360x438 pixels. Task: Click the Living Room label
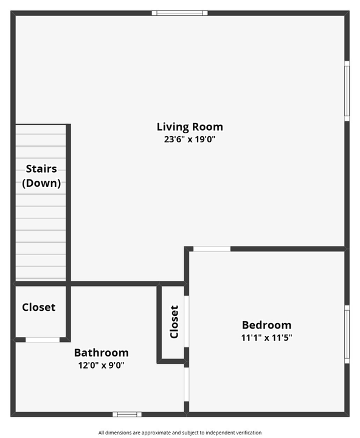tap(190, 127)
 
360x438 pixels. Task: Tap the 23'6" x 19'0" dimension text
tap(190, 139)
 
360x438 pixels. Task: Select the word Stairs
tap(41, 169)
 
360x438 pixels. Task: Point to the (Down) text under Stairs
tap(41, 182)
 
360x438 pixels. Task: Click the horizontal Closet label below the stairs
tap(39, 307)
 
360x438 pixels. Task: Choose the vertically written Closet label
tap(175, 322)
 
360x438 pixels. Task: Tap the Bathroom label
tap(101, 352)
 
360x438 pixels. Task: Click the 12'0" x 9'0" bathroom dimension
tap(101, 365)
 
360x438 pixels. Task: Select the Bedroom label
tap(266, 325)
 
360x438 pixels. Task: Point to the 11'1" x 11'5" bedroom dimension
tap(266, 337)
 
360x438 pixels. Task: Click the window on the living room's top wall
tap(179, 13)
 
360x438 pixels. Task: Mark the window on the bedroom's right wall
tap(347, 334)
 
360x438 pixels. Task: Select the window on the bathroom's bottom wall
tap(127, 414)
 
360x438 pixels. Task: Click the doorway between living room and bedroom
tap(212, 248)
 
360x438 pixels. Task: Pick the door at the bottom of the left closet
tap(43, 339)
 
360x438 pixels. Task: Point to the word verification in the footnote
tap(247, 433)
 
